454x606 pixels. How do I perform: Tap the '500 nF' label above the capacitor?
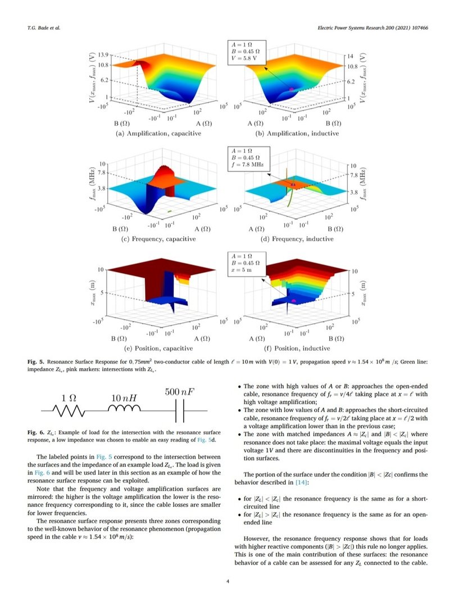click(x=180, y=392)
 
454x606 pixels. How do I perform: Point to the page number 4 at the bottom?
click(x=227, y=581)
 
